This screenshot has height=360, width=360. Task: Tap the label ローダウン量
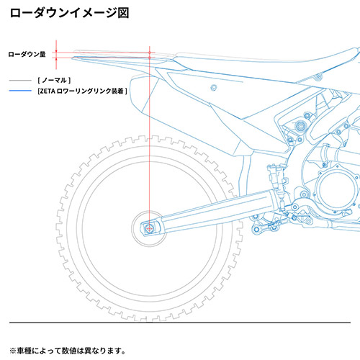[27, 53]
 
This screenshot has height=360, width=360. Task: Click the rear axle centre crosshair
[149, 228]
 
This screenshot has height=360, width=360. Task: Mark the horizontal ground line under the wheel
[180, 322]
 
